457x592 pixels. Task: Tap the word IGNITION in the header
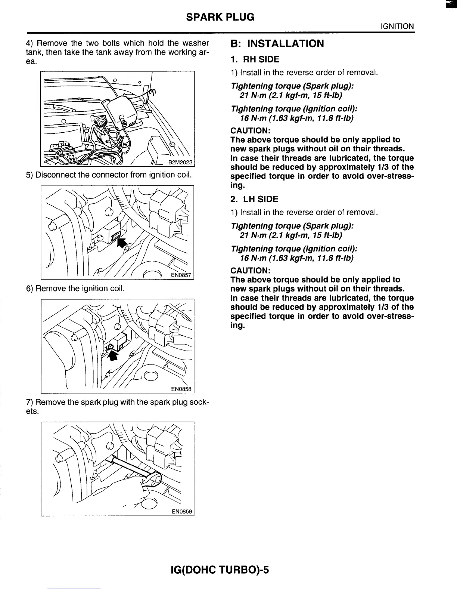point(397,26)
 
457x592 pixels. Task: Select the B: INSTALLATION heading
point(277,44)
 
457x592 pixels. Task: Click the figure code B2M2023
point(180,162)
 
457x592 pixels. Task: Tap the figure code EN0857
point(181,276)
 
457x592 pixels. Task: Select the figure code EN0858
point(181,389)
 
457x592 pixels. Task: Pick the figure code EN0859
point(182,511)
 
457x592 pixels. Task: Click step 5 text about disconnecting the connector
point(109,175)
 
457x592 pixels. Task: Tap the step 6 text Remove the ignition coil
point(75,289)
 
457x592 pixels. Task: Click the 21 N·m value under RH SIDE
point(252,96)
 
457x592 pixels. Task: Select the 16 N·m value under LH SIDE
point(252,258)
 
